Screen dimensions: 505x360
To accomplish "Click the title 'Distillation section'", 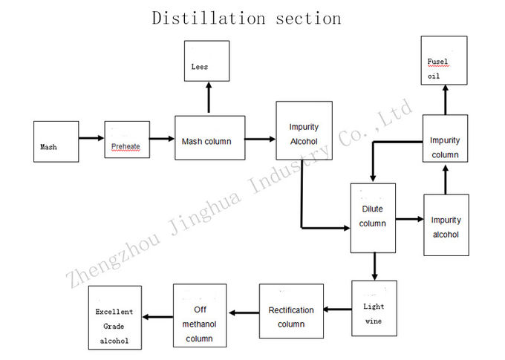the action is tap(247, 18).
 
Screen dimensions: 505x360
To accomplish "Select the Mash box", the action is tap(56, 141).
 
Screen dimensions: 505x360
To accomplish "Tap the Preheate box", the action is tap(127, 140).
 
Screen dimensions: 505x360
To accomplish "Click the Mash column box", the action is tap(210, 138).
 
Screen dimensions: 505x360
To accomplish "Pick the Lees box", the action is tap(206, 61).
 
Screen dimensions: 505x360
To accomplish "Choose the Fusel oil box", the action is tap(444, 61).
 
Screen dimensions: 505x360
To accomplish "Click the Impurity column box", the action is tap(445, 139).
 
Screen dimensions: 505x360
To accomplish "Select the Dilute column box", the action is tap(373, 218).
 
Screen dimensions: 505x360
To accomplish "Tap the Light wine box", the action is tap(374, 308).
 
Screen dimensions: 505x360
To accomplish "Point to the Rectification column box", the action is tap(291, 311).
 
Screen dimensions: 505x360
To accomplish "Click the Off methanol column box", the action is tap(200, 315).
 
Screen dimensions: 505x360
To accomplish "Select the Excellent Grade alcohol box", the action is tap(115, 318).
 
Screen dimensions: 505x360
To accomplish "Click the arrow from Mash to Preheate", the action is tap(91, 138).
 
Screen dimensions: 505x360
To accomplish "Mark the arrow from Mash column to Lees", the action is tap(209, 97).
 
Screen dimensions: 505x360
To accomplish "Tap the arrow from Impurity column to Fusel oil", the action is tap(446, 99).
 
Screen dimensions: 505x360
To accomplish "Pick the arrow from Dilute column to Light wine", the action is tap(374, 266).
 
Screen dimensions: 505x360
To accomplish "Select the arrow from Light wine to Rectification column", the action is tap(337, 310).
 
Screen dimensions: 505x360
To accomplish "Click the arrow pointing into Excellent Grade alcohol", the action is tap(157, 317).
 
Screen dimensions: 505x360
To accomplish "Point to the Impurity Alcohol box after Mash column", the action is tap(304, 131).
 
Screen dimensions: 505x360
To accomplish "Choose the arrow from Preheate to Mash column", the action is tap(162, 139).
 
